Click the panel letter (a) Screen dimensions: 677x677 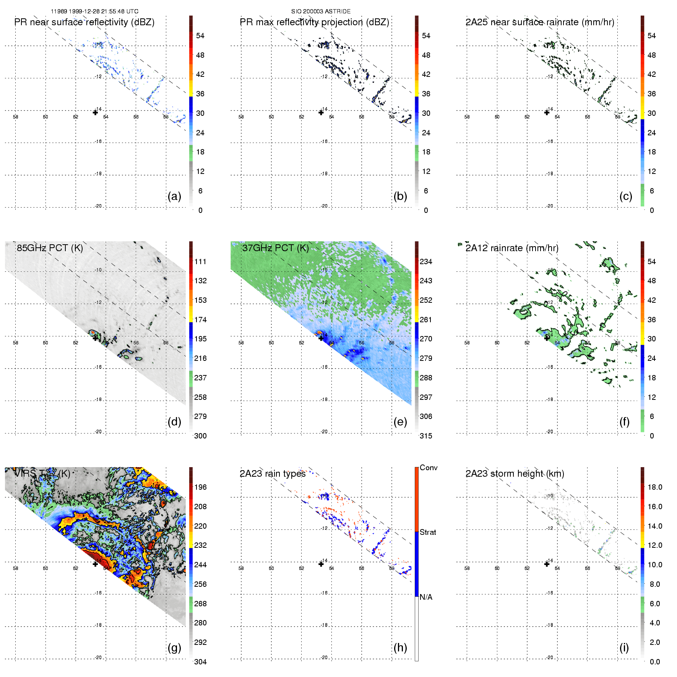174,196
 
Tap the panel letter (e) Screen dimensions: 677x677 400,422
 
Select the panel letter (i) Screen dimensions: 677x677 624,648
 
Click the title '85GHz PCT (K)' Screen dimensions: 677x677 50,248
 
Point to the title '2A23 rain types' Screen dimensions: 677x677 273,474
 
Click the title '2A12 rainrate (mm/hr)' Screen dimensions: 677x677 512,248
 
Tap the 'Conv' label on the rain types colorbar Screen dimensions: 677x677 429,468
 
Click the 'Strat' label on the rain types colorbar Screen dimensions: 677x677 428,532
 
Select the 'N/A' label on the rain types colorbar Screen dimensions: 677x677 426,597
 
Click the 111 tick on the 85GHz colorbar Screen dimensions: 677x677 200,261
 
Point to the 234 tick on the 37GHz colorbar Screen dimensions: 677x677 426,261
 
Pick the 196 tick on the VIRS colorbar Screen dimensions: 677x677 200,487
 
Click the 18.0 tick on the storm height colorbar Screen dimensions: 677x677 654,487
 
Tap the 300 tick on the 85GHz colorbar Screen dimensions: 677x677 200,436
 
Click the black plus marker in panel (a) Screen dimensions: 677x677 95,112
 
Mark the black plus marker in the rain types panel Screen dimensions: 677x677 321,564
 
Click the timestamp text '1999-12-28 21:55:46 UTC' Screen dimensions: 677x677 104,11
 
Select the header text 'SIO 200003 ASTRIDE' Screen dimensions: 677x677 321,11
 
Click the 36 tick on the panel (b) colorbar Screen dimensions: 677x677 426,94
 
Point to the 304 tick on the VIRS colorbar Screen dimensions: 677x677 200,662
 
